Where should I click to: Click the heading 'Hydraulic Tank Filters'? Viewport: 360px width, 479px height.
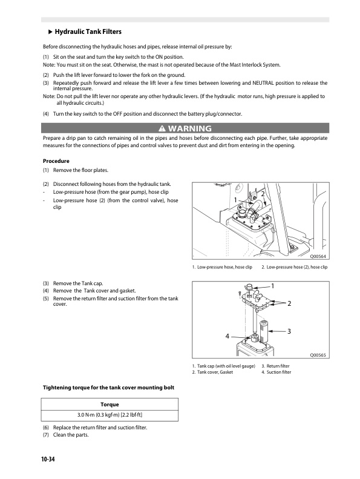(x=91, y=31)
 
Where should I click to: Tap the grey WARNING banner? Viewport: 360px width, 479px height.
(x=185, y=128)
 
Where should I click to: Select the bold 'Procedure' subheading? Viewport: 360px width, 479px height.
(x=56, y=161)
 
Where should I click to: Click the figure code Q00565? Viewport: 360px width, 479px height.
(x=318, y=355)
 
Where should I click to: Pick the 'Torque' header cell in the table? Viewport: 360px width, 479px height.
(x=110, y=403)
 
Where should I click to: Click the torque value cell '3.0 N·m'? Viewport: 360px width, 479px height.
(x=110, y=415)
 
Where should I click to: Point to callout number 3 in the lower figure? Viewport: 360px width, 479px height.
(x=289, y=331)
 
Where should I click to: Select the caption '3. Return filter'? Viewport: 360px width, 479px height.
(x=275, y=366)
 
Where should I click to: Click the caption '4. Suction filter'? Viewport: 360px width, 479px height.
(x=277, y=372)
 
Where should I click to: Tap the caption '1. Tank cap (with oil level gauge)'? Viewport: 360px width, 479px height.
(x=223, y=366)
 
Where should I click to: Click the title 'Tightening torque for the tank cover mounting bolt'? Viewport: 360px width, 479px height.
(x=108, y=387)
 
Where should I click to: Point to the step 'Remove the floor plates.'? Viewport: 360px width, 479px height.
(x=82, y=171)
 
